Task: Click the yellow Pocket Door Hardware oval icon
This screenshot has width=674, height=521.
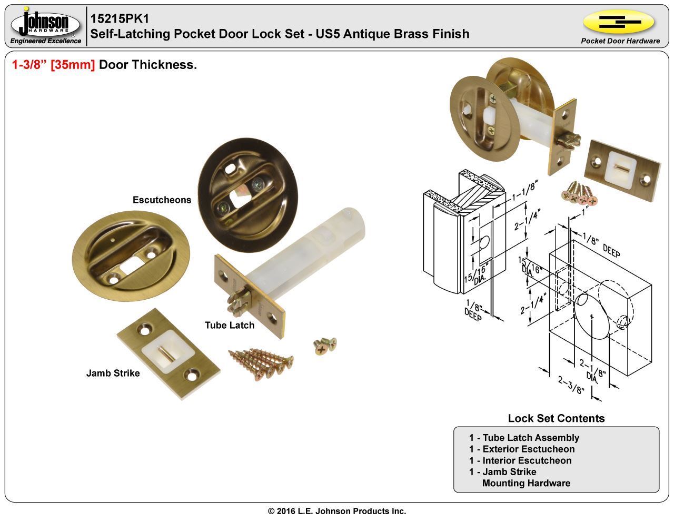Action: (619, 22)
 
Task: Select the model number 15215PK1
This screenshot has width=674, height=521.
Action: (120, 18)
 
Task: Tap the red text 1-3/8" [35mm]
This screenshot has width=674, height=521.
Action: (53, 65)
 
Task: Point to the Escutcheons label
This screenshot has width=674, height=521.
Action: (162, 200)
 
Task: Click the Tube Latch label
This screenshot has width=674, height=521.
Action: (230, 325)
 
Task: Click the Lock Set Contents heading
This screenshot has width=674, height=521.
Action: (556, 418)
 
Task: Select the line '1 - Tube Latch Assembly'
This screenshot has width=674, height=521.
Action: (524, 438)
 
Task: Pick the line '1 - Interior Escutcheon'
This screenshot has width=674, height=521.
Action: (520, 460)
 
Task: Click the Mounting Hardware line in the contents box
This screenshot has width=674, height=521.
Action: (526, 483)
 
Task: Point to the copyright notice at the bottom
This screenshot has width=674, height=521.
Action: (337, 511)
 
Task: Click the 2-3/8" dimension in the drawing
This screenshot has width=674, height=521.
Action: (571, 385)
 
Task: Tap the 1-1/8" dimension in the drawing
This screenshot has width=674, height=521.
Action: (524, 191)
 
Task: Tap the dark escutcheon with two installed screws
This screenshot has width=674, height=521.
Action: (248, 195)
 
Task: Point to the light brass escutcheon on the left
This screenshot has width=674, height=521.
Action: (131, 257)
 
